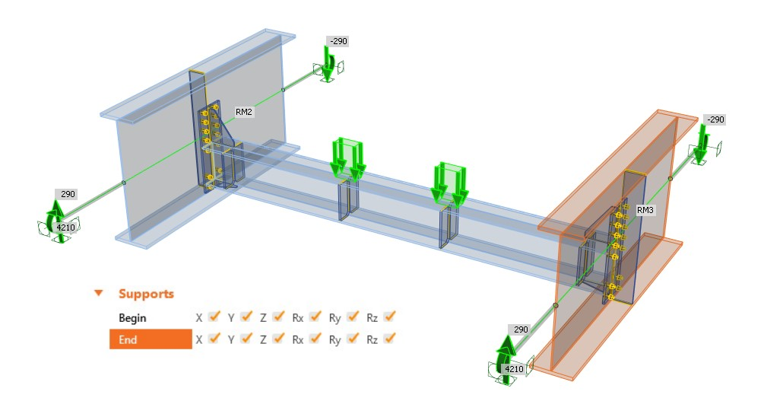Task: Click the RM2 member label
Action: [243, 112]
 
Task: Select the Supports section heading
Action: [146, 294]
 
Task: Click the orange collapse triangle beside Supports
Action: [98, 294]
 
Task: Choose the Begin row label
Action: [132, 317]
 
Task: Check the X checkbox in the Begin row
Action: [214, 317]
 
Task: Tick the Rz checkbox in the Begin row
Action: [391, 317]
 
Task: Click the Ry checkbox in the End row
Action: [353, 339]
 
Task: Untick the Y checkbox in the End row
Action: [246, 339]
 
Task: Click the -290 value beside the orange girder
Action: [715, 119]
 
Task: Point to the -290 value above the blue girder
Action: [338, 40]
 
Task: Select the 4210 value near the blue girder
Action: [67, 227]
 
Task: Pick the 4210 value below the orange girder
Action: [515, 370]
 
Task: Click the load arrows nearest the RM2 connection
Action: [347, 158]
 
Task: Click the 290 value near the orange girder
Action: [521, 329]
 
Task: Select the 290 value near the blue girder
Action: [68, 194]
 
